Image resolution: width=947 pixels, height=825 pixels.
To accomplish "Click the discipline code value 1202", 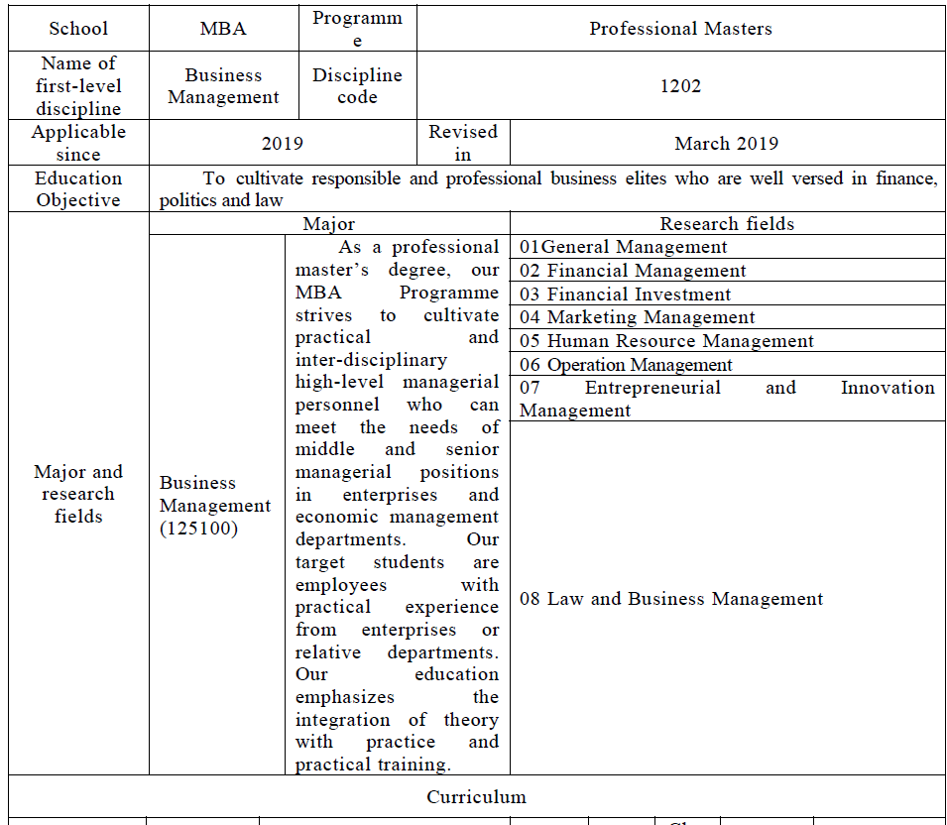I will coord(680,86).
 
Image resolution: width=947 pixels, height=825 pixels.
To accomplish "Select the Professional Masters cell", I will coord(680,29).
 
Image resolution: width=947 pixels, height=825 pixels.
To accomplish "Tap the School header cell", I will coord(78,29).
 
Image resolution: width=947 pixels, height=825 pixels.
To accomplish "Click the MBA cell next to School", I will coord(223,29).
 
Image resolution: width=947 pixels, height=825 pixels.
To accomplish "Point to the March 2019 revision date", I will coord(727,144).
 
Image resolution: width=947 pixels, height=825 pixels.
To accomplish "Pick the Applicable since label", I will coord(78,143).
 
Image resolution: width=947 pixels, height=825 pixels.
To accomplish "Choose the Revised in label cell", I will coord(463,143).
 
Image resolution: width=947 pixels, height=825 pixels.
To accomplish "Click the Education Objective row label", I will coord(78,188).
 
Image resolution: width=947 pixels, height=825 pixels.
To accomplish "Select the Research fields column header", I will coord(727,224).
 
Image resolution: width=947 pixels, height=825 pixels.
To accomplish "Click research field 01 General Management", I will coord(624,248).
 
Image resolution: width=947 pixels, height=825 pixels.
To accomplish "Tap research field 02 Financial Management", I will coord(633,271).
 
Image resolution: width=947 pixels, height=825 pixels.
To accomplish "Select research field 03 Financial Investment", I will coord(625,295).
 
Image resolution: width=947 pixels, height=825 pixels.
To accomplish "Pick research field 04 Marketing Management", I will coord(637,317).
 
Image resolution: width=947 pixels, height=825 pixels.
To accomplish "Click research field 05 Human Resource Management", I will coord(666,341).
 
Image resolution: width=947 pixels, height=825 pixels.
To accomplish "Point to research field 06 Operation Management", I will coord(626,365).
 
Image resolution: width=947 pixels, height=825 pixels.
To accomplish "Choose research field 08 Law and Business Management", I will coord(671,599).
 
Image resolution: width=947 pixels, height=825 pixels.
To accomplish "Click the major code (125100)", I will coord(198,529).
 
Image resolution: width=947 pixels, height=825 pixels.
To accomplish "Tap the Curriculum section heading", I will coord(476,797).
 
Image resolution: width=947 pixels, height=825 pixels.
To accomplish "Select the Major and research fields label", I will coord(78,494).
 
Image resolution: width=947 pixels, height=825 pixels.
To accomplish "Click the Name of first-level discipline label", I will coord(78,86).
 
